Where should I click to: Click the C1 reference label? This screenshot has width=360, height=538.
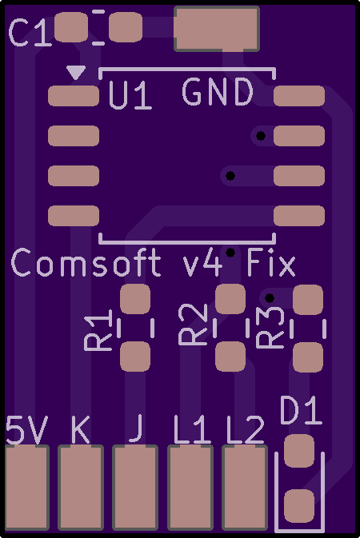[30, 33]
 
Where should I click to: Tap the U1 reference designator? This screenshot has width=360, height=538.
[130, 95]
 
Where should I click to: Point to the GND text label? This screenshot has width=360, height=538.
[218, 92]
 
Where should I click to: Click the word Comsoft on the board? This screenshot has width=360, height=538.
[86, 262]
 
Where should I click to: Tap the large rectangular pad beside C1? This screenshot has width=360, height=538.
[217, 29]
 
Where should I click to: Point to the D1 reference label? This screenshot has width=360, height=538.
[301, 410]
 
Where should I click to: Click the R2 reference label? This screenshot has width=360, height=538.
[193, 325]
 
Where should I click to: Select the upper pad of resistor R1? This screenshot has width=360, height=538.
[135, 299]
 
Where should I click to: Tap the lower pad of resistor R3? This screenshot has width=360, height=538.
[308, 357]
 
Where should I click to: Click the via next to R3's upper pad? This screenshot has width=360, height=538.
[270, 298]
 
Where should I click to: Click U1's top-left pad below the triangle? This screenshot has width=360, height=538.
[74, 96]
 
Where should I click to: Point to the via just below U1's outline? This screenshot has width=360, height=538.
[230, 253]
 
